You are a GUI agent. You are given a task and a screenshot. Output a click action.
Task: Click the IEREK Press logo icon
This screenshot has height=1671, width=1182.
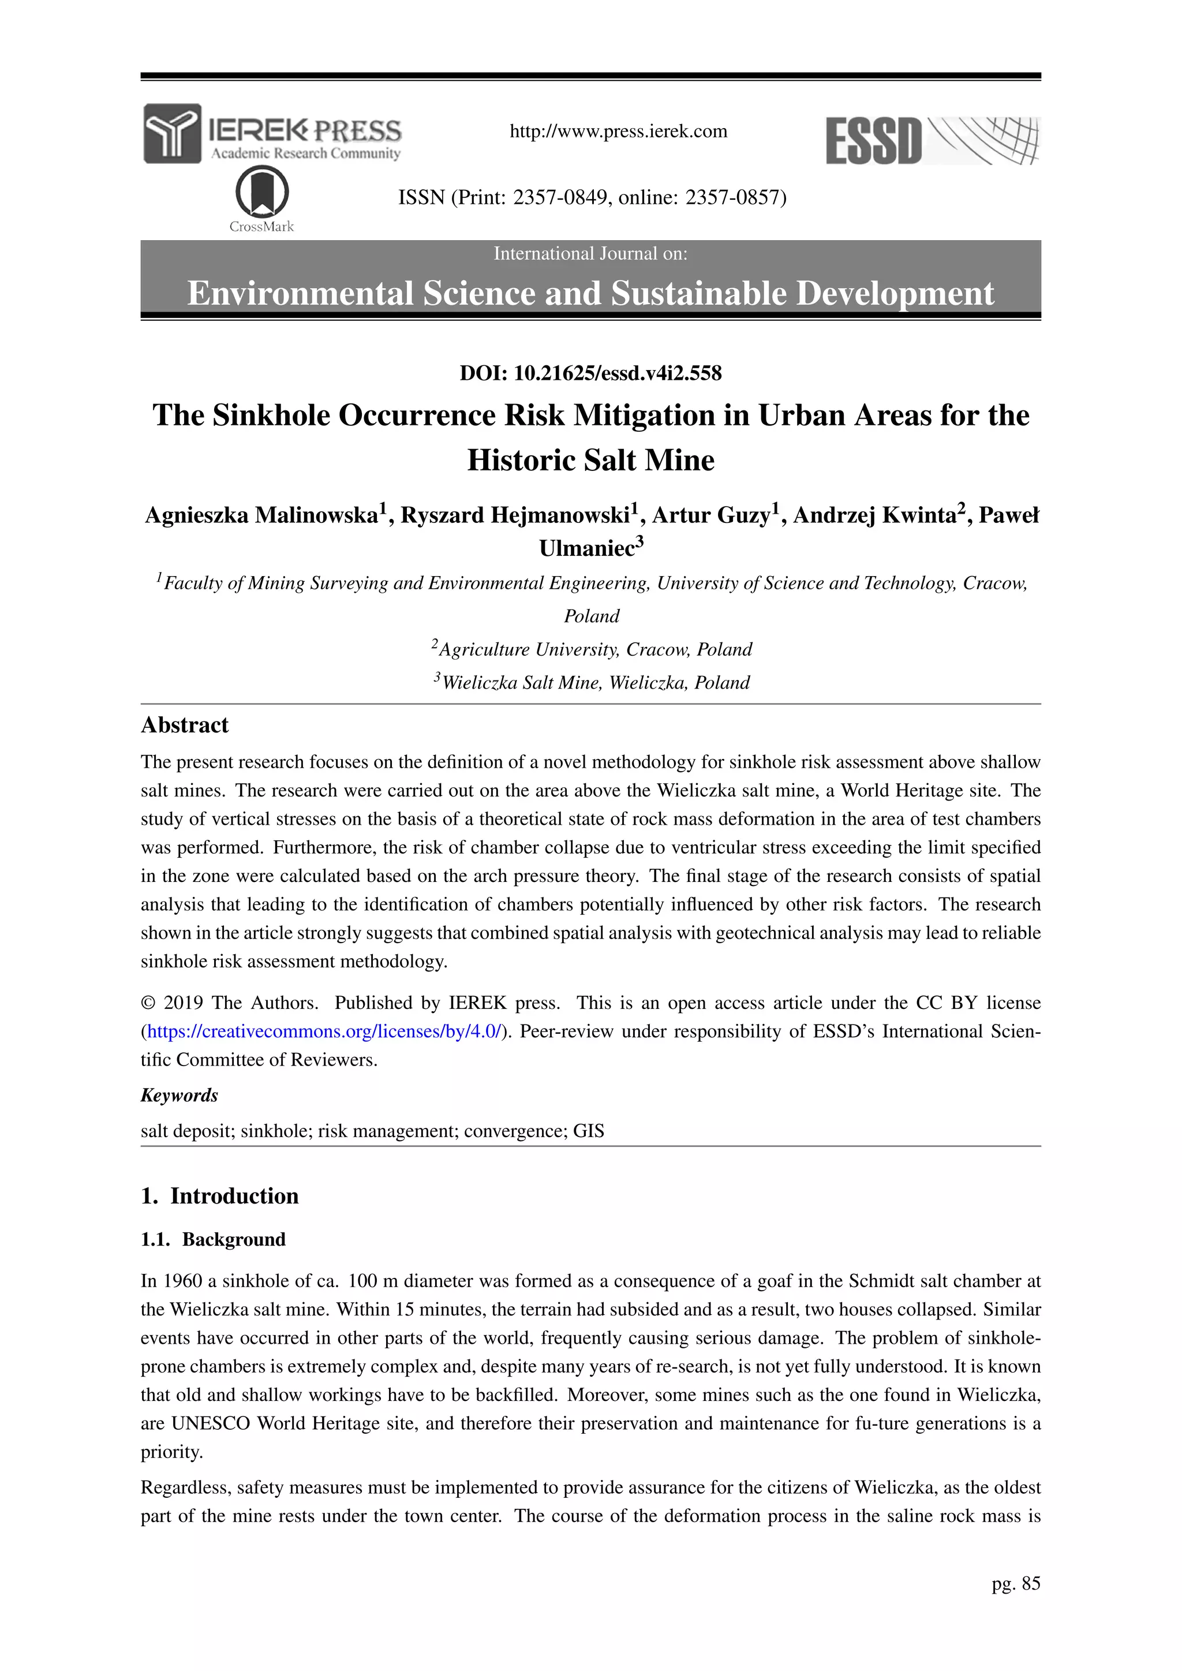click(x=172, y=133)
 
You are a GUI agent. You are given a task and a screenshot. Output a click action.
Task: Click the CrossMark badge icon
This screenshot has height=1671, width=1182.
click(x=262, y=192)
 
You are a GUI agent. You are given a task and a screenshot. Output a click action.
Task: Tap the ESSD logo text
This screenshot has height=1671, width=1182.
click(x=873, y=141)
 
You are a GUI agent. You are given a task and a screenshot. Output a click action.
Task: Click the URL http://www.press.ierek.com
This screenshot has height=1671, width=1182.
click(x=618, y=132)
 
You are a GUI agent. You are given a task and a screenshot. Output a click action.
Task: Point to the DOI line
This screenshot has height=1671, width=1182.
click(x=590, y=373)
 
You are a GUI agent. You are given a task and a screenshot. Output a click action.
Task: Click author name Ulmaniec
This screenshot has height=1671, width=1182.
click(x=586, y=548)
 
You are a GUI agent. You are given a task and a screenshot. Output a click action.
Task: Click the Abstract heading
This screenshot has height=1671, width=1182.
click(x=184, y=725)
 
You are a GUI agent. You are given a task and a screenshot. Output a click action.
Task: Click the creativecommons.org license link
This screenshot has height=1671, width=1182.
click(x=324, y=1031)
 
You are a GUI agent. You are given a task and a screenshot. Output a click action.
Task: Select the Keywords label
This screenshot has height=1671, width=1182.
click(x=179, y=1096)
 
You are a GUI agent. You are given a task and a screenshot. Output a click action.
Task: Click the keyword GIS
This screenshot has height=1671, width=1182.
click(x=588, y=1131)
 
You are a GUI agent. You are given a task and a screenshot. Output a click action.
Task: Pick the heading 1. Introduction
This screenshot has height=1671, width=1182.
click(x=220, y=1196)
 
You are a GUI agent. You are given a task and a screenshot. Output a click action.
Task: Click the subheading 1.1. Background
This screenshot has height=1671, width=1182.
click(x=213, y=1239)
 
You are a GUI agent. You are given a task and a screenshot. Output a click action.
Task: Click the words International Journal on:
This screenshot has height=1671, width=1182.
click(x=590, y=253)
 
